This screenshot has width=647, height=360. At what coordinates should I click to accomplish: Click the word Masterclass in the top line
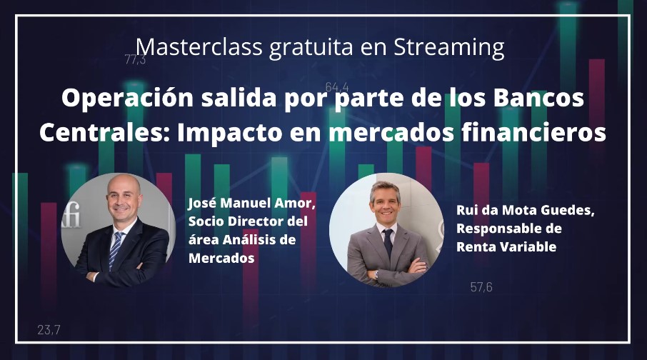coord(199,46)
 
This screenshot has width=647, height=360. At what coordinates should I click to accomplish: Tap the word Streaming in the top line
coord(449,48)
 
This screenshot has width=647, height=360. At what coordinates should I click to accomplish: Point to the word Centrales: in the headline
coord(104,133)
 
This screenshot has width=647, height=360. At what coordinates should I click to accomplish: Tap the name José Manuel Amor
coord(251,203)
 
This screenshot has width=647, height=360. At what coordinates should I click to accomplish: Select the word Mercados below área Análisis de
coord(221,258)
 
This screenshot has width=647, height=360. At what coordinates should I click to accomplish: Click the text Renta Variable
coord(506,247)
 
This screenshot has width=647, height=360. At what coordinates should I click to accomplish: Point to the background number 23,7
coord(49,330)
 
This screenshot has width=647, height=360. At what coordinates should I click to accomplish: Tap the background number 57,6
coord(481,287)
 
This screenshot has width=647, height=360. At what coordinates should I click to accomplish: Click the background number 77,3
coord(135,60)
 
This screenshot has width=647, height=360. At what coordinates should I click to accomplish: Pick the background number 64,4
coord(336,87)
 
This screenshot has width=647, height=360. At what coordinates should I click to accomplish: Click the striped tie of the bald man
coord(115,250)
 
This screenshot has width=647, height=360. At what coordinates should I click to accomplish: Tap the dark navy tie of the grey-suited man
coord(388,243)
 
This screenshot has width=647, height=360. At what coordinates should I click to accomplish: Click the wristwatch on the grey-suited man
coord(376,274)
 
